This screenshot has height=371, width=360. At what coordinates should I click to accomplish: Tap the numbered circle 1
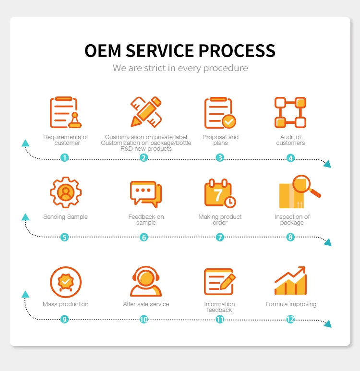[65, 157]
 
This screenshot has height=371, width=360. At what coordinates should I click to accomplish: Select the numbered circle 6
[144, 237]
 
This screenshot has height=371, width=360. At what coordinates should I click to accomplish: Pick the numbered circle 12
[290, 319]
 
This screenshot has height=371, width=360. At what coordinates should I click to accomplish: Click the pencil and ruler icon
[146, 112]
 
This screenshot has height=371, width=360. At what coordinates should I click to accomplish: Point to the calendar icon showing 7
[220, 193]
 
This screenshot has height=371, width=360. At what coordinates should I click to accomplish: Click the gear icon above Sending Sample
[66, 192]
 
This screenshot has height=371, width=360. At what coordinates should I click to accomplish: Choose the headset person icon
[146, 282]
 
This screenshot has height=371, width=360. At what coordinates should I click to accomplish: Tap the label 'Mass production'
[65, 304]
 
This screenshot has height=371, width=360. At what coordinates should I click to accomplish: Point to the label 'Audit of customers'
[290, 140]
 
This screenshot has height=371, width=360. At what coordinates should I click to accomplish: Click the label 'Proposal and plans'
[220, 140]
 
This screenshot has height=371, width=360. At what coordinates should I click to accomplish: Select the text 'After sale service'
[146, 304]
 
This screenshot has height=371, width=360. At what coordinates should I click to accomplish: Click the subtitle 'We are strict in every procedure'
[180, 68]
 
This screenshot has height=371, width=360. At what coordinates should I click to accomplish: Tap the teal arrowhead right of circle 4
[327, 164]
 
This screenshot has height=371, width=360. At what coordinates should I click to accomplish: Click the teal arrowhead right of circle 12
[327, 324]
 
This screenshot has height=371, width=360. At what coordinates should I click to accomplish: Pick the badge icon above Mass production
[66, 282]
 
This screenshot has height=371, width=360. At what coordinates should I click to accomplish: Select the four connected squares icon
[290, 112]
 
